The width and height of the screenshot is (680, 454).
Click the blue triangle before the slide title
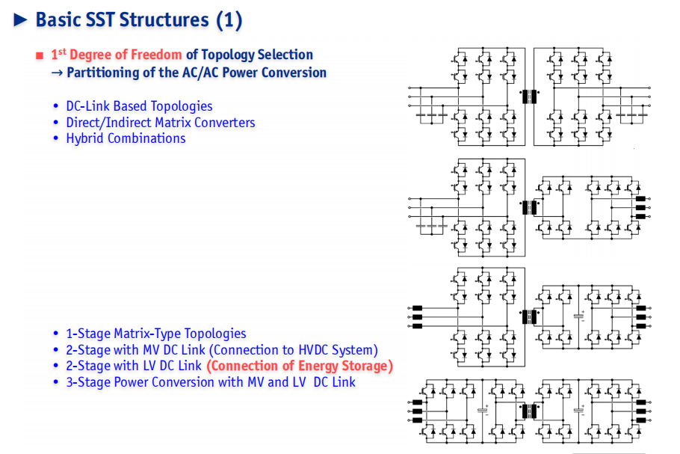[x=20, y=19]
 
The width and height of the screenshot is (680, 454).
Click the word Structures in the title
[x=164, y=20]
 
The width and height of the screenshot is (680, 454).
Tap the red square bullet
[x=40, y=55]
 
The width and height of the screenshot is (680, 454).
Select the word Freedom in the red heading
[x=156, y=55]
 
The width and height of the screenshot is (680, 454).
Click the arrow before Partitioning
[x=58, y=73]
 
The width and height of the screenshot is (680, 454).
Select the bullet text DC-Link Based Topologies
[x=139, y=106]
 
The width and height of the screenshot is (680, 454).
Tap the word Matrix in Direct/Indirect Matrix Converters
[x=173, y=123]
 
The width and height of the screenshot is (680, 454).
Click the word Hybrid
[x=85, y=138]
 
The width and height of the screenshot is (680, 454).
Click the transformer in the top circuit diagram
[x=529, y=96]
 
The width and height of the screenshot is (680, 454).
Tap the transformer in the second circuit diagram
[x=529, y=207]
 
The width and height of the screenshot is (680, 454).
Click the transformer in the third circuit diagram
[x=529, y=317]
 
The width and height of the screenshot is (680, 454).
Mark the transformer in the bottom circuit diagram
[x=529, y=411]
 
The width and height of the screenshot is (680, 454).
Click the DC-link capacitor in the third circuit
[x=578, y=316]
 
